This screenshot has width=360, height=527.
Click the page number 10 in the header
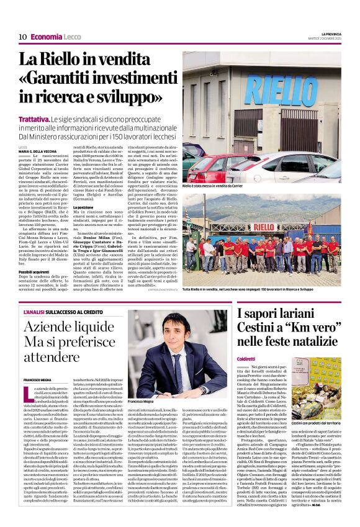click(22, 37)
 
